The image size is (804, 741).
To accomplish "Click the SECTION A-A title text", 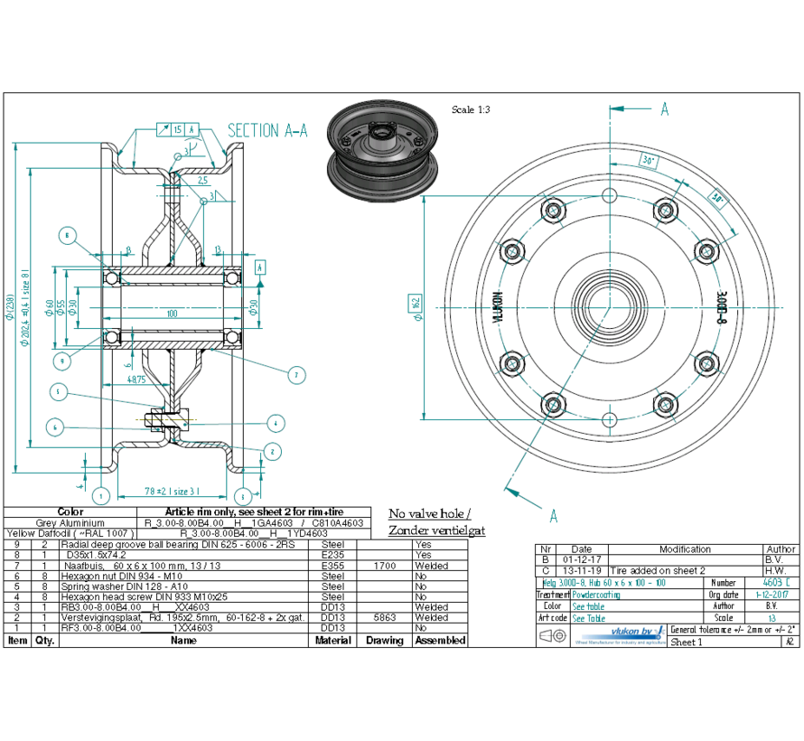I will pyautogui.click(x=267, y=131).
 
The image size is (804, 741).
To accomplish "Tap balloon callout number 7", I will pyautogui.click(x=294, y=374).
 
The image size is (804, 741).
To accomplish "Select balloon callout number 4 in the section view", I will pyautogui.click(x=276, y=422).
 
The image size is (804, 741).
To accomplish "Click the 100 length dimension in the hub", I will pyautogui.click(x=172, y=314).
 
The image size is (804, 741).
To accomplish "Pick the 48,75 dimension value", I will pyautogui.click(x=136, y=380).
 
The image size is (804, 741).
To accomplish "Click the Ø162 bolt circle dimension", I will pyautogui.click(x=416, y=303).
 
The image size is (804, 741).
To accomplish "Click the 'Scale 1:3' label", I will pyautogui.click(x=471, y=109).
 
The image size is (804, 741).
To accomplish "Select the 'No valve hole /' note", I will pyautogui.click(x=429, y=513).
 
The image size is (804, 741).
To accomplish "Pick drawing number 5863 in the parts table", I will pyautogui.click(x=385, y=618).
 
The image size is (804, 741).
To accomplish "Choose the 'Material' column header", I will pyautogui.click(x=333, y=640).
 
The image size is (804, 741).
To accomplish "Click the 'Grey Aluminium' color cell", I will pyautogui.click(x=70, y=523).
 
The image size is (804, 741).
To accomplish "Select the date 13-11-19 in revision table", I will pyautogui.click(x=582, y=571).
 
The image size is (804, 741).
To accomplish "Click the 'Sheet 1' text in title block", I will pyautogui.click(x=686, y=643).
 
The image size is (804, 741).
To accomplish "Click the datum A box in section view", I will pyautogui.click(x=261, y=267).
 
